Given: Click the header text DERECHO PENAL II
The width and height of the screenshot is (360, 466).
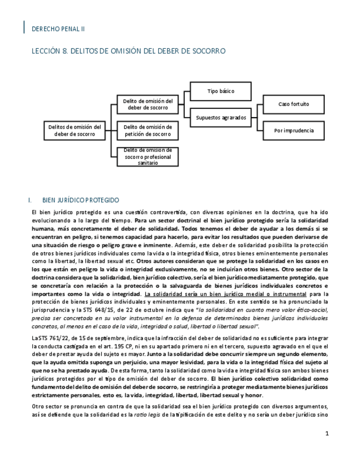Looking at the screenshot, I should [x=58, y=29].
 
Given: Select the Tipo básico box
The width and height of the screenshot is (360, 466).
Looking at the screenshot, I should [x=221, y=91].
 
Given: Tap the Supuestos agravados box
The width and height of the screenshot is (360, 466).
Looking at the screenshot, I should [x=221, y=118].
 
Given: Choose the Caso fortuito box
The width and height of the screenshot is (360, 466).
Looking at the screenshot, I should [x=293, y=104].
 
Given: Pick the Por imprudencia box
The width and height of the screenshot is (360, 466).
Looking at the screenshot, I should [x=293, y=131].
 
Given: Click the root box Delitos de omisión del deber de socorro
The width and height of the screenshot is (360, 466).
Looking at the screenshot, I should [x=75, y=130].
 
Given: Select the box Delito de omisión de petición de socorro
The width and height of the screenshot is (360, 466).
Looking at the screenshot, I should [x=147, y=130].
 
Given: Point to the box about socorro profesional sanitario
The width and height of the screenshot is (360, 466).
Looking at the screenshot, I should [x=147, y=157].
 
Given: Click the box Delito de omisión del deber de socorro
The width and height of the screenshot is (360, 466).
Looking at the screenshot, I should [x=147, y=104].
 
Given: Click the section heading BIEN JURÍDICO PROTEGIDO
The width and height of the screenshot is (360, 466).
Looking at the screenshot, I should [x=80, y=201].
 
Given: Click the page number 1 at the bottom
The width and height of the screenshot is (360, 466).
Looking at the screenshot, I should [x=327, y=434].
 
